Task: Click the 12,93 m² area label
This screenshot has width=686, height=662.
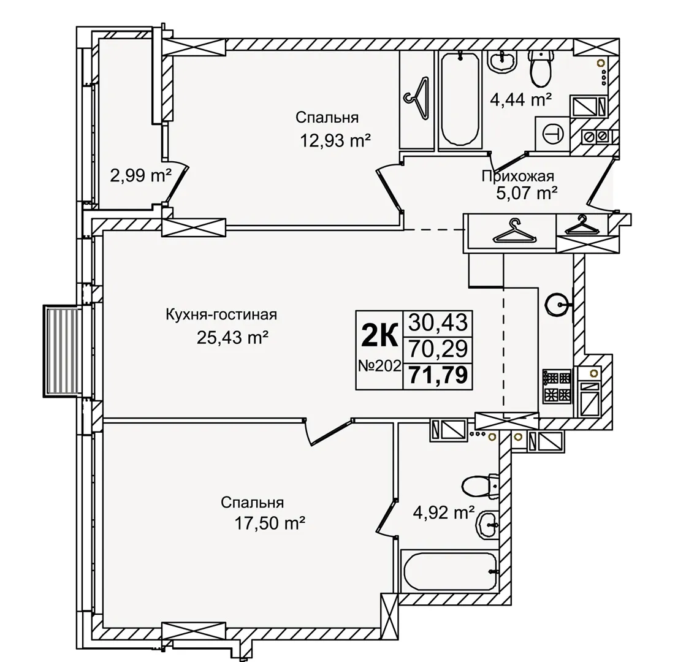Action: [x=335, y=141]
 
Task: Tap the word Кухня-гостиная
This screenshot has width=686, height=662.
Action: [x=221, y=314]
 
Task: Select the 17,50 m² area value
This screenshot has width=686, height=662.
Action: [x=270, y=522]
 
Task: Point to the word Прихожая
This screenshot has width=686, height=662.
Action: [x=518, y=176]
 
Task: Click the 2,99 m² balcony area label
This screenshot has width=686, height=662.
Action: [x=140, y=176]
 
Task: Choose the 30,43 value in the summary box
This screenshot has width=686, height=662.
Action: [x=438, y=323]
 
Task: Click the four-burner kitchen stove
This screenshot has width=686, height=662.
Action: [x=557, y=387]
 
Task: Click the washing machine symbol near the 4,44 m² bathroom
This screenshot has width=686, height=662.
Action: [x=552, y=134]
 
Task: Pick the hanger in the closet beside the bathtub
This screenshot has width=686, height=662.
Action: [x=417, y=98]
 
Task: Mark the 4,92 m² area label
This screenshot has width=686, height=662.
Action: [x=444, y=512]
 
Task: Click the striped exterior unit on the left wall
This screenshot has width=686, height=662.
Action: [x=60, y=351]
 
